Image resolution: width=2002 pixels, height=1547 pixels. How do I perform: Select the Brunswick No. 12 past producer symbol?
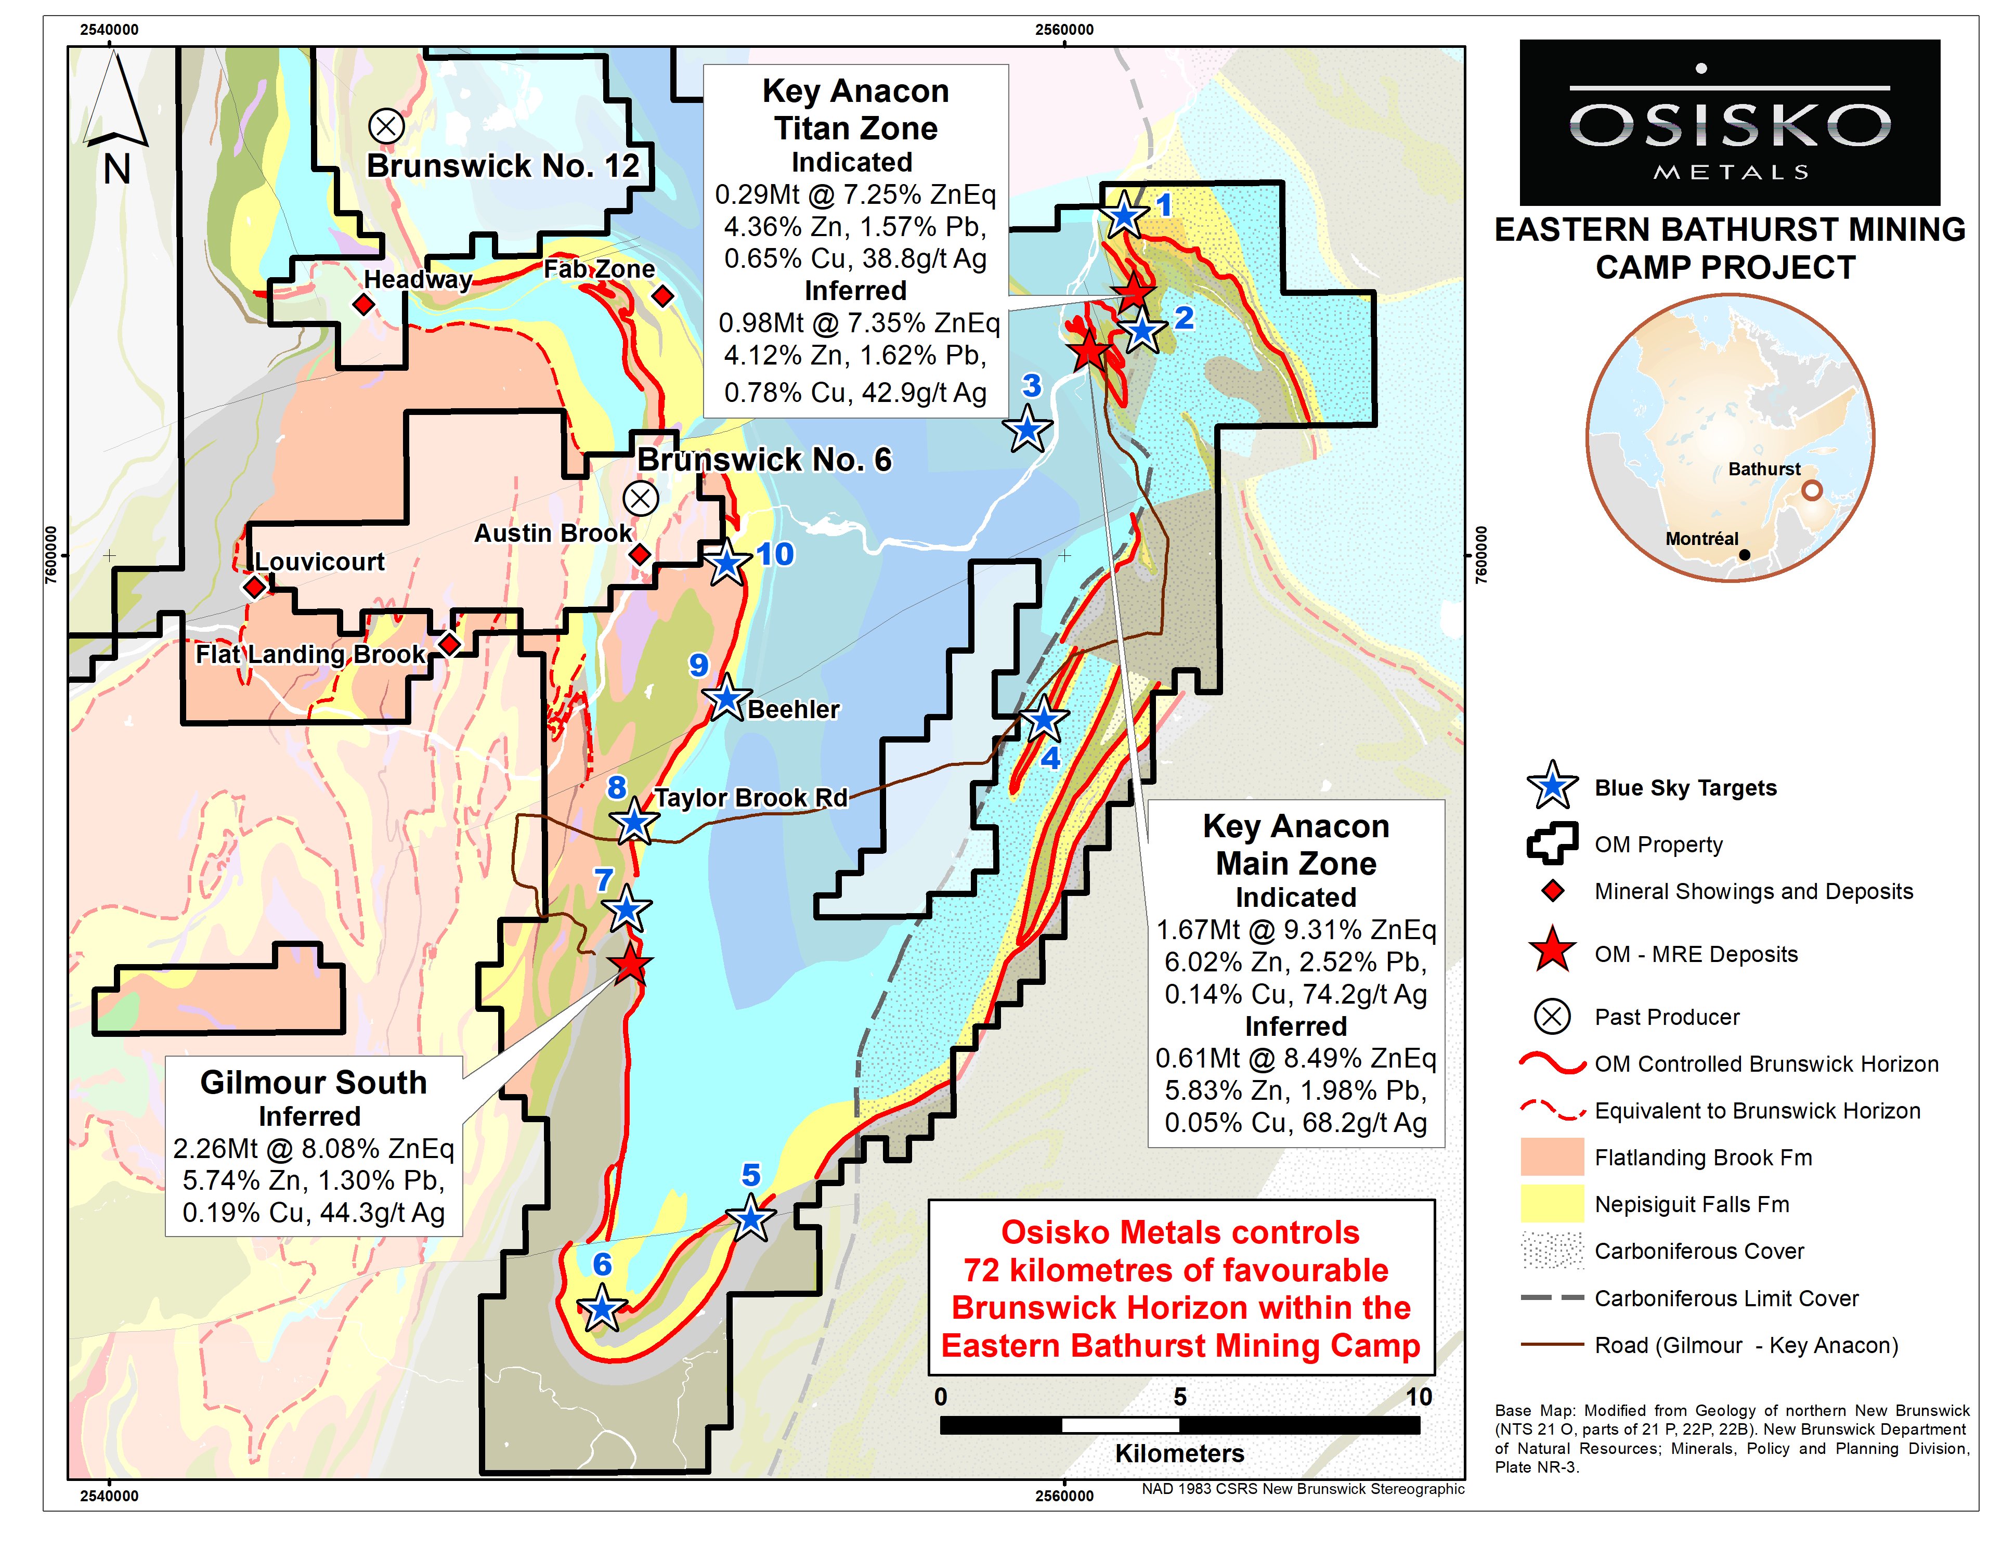tap(386, 125)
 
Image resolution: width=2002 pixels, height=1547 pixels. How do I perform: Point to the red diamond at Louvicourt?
tap(255, 587)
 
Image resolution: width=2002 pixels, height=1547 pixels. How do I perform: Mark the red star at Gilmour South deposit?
tap(631, 964)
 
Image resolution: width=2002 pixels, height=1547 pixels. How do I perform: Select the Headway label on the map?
tap(418, 280)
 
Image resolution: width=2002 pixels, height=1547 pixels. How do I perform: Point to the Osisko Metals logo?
tap(1729, 122)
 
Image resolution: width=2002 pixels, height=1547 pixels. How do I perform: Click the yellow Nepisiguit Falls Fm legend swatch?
tap(1551, 1204)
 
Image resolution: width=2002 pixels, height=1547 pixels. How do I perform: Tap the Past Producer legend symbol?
tap(1551, 1017)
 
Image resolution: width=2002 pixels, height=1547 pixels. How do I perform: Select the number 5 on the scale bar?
tap(1180, 1397)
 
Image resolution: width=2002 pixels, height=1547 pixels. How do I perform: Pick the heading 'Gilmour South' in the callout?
tap(314, 1082)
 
